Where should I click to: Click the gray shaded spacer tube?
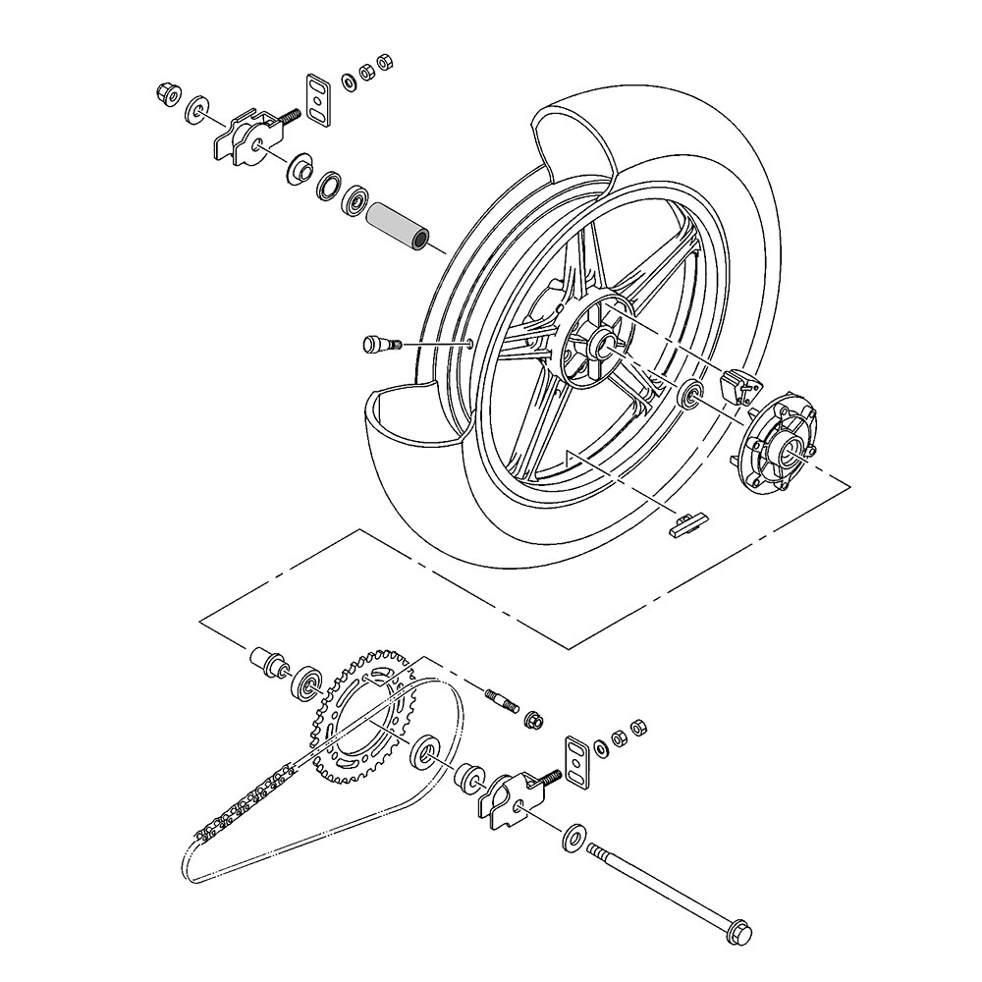(398, 227)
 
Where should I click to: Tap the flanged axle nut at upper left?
(166, 94)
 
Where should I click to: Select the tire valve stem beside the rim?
(379, 343)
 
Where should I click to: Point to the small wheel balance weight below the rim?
(684, 524)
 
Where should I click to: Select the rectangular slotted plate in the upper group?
(317, 99)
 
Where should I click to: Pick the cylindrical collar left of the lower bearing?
(266, 660)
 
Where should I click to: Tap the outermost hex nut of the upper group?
(386, 62)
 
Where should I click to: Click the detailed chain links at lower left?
(245, 805)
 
